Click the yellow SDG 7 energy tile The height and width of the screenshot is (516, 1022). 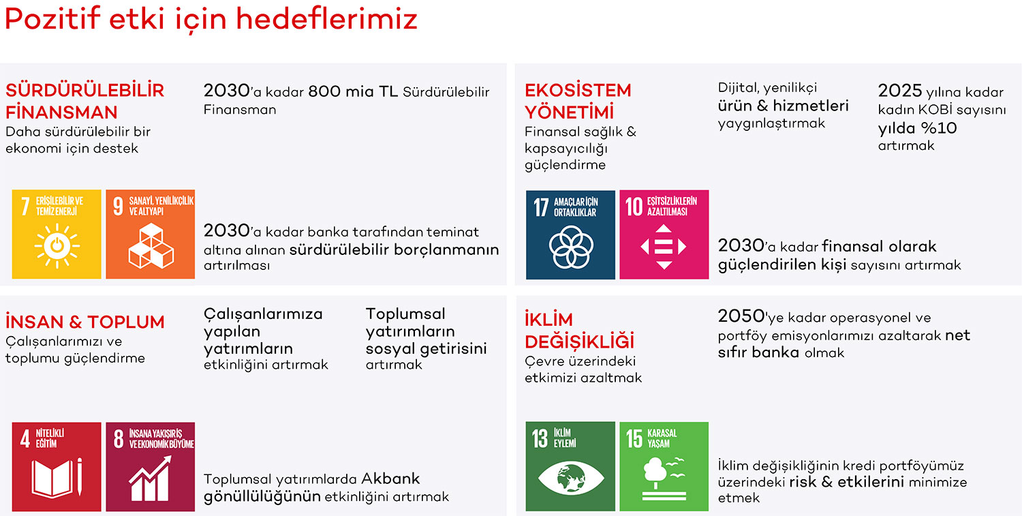(x=57, y=234)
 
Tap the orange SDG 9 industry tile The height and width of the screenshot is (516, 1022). (x=151, y=234)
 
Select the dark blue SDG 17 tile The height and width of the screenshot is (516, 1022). (x=570, y=234)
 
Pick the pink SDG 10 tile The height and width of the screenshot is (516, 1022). (x=664, y=234)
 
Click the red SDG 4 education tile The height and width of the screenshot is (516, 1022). (x=57, y=467)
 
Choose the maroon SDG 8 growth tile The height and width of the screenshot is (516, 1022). (x=151, y=467)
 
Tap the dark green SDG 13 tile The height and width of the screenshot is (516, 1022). (x=570, y=466)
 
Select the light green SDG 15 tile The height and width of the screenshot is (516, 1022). (x=664, y=466)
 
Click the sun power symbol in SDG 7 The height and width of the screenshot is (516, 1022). (x=57, y=245)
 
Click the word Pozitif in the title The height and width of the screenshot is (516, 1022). (x=52, y=19)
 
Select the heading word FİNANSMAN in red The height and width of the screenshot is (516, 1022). (x=61, y=112)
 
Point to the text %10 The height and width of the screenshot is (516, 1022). (x=940, y=128)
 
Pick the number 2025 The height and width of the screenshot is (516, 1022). (x=900, y=91)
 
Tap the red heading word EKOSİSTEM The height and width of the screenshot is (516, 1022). (x=578, y=91)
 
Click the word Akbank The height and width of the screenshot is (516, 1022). (x=390, y=479)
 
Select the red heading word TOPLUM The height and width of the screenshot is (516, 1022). (x=126, y=322)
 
